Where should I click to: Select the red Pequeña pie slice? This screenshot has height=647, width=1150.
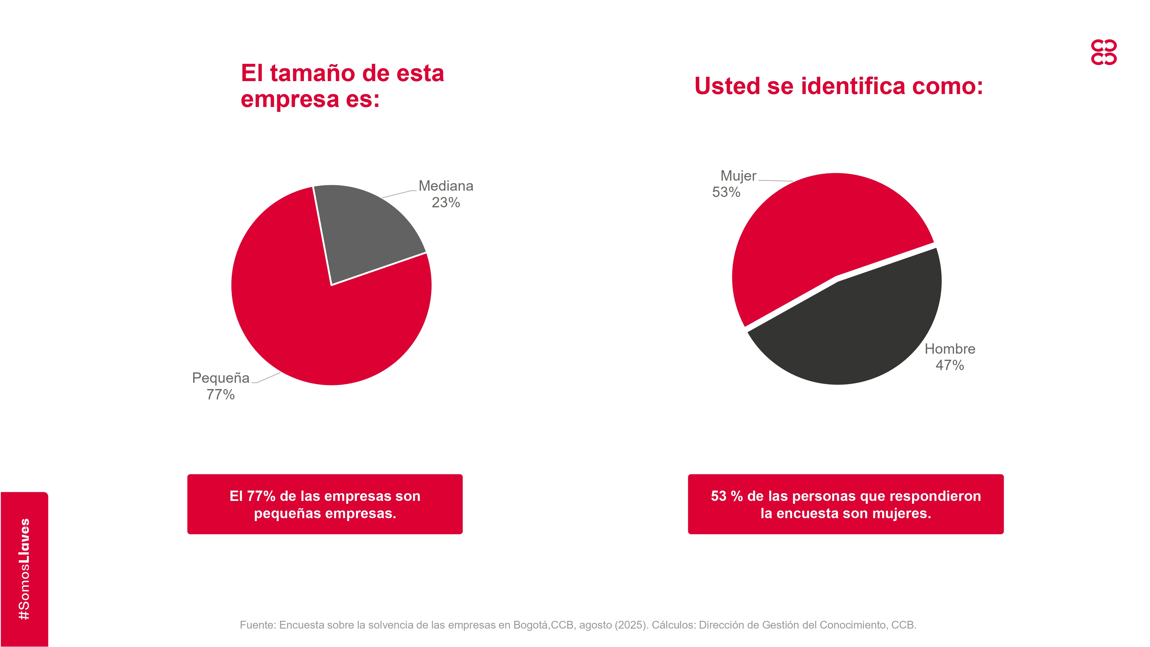(x=321, y=321)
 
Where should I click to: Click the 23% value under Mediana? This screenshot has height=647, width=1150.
(x=446, y=203)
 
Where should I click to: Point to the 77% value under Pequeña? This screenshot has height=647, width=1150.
(x=221, y=395)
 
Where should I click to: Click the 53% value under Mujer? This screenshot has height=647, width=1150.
(x=726, y=192)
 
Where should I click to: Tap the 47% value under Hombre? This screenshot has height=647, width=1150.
(x=950, y=365)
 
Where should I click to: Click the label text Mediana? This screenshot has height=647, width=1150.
(x=446, y=186)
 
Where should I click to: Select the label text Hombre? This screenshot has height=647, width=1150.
(x=950, y=349)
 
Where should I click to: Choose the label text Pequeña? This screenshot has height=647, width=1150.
(x=221, y=378)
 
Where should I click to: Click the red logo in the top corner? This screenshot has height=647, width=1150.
(x=1104, y=52)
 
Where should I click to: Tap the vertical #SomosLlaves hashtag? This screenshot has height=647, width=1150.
(x=24, y=569)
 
